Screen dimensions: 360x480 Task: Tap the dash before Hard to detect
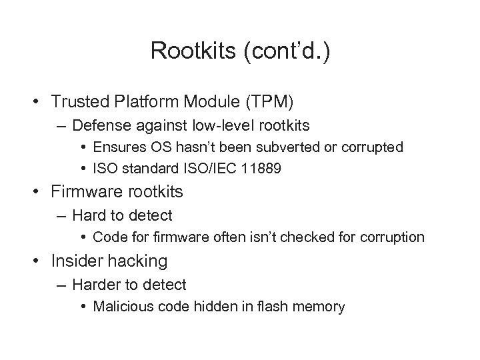(x=61, y=216)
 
